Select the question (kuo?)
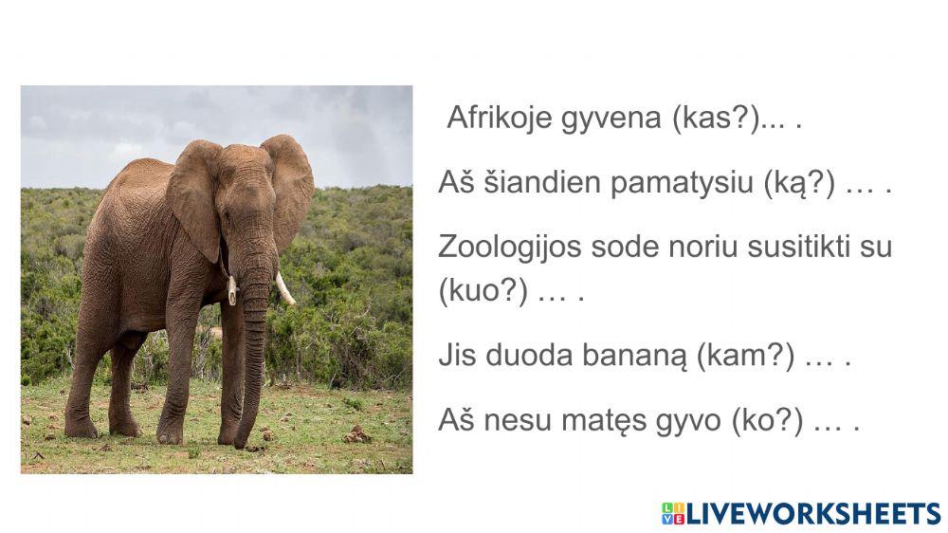pos(483,291)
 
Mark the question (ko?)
pos(768,420)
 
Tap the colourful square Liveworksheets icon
pos(673,513)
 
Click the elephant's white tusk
pos(285,288)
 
